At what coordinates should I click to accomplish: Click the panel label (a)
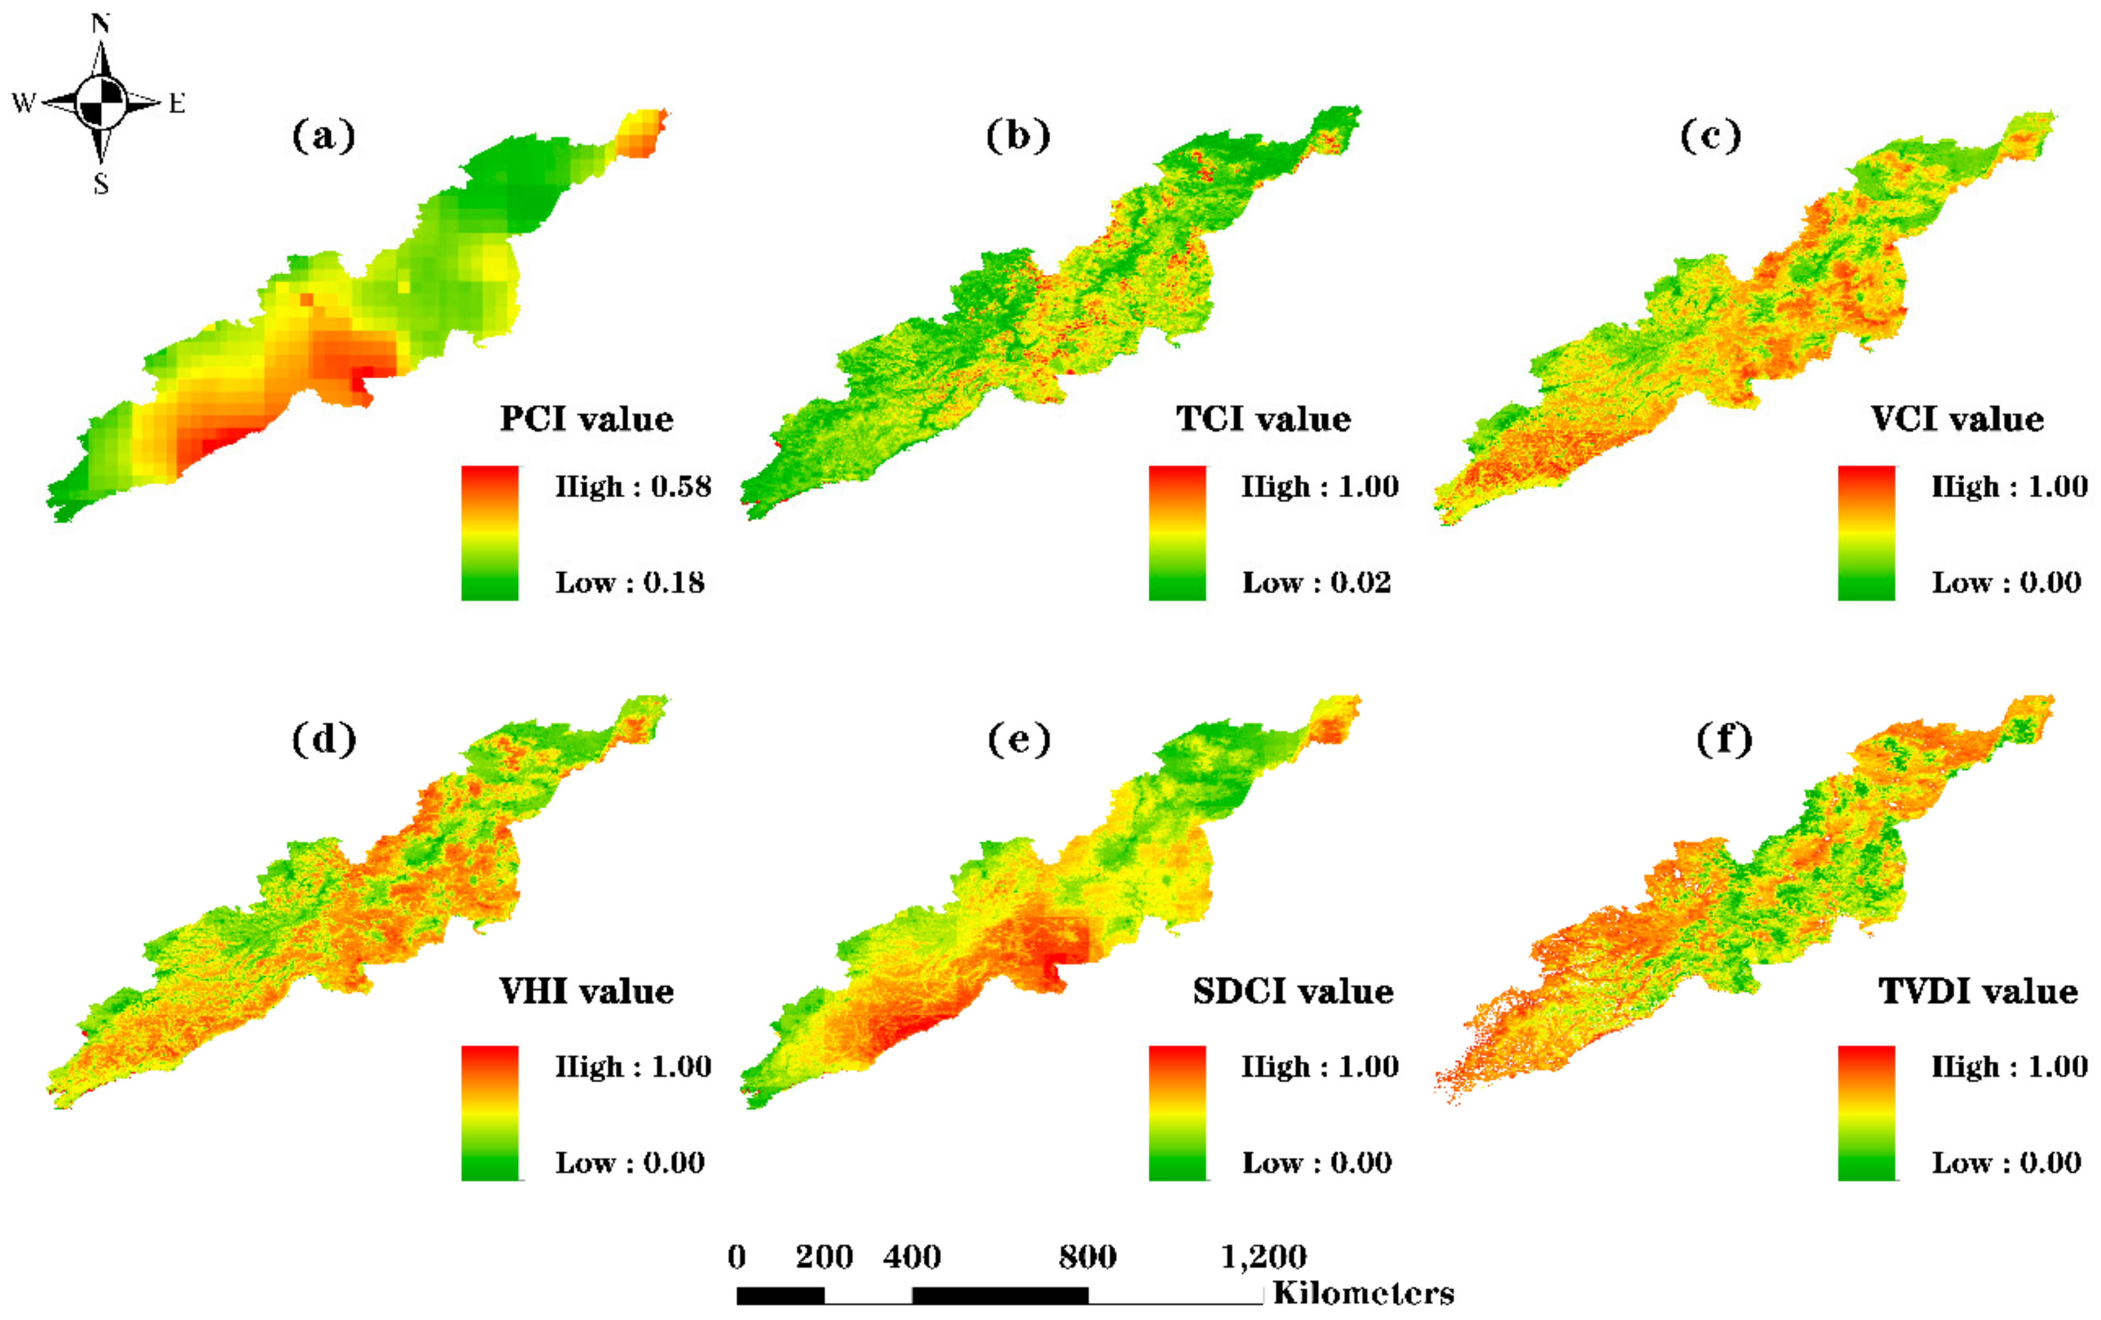(324, 136)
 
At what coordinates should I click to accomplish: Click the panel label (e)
(1019, 740)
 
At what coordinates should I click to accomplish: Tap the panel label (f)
(1724, 740)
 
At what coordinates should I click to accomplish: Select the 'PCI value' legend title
(586, 420)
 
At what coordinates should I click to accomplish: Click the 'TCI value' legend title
(1264, 420)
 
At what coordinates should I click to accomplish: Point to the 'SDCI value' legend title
(1293, 992)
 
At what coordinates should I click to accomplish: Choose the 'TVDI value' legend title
(1978, 992)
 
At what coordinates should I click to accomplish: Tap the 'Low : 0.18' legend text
(630, 582)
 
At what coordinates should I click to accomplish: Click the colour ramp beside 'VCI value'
(1866, 533)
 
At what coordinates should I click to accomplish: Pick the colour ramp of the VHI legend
(490, 1113)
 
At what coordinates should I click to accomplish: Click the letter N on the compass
(101, 23)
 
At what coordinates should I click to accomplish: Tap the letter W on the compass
(23, 103)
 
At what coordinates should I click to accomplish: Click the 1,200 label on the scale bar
(1264, 1257)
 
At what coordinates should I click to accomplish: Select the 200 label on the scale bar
(824, 1257)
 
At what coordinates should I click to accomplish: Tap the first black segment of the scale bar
(780, 1296)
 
